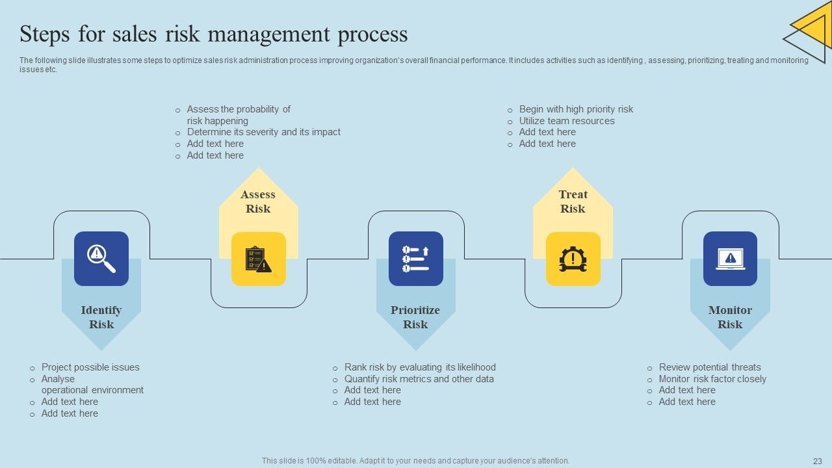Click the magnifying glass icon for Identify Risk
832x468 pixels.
101,259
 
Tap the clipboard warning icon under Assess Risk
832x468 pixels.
259,259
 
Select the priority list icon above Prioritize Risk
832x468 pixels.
416,259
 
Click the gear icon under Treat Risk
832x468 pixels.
573,259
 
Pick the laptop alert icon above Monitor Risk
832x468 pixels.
730,259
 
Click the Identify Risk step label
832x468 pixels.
101,317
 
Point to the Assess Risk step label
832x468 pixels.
258,201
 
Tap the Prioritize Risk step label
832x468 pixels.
415,317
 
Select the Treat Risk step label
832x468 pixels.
573,201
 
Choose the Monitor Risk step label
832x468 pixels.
730,317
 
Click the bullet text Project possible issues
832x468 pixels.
90,367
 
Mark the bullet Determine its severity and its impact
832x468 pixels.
263,132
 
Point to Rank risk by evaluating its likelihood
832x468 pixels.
420,367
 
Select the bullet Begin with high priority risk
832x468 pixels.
576,109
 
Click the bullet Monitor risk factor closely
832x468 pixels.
712,379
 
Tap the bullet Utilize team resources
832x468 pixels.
567,121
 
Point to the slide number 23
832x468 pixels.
818,460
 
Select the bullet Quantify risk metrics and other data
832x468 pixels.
419,379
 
